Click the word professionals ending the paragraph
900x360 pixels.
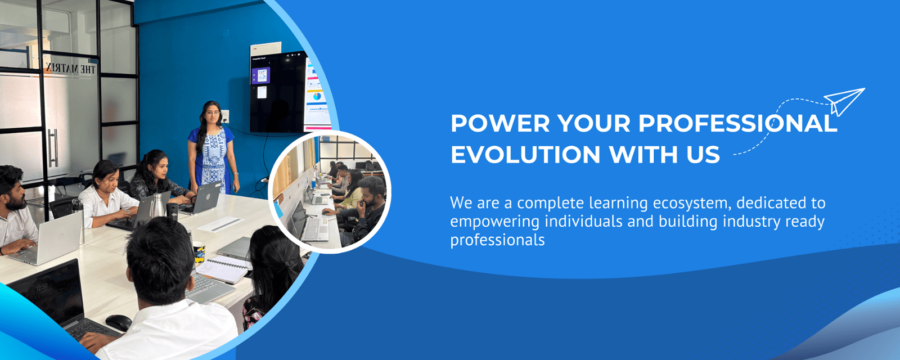[497, 241]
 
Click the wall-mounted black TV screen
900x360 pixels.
[278, 93]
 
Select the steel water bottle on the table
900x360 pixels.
[157, 205]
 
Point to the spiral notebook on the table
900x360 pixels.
[223, 269]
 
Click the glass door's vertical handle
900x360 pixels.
[53, 148]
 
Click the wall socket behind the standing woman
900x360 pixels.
[226, 118]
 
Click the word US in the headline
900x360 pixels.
[703, 154]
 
